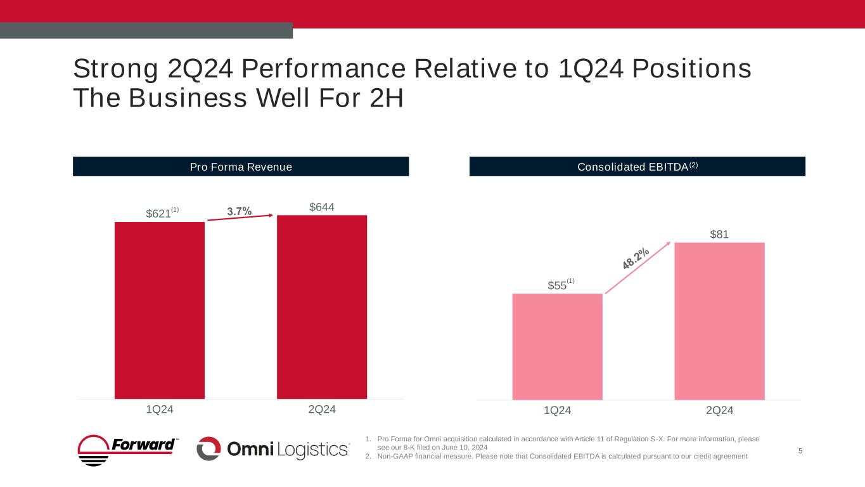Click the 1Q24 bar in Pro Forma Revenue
(160, 310)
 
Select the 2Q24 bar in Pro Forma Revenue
(322, 307)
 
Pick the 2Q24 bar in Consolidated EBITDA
(719, 321)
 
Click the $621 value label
(159, 214)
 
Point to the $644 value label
(322, 207)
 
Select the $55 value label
(557, 286)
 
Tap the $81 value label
(719, 235)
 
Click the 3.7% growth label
(240, 211)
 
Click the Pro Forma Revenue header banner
(241, 167)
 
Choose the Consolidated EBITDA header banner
(637, 167)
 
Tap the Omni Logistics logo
(273, 449)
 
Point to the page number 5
(800, 451)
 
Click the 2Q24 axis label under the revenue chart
(322, 410)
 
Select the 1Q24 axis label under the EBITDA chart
(557, 411)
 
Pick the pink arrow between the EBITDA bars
(637, 268)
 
